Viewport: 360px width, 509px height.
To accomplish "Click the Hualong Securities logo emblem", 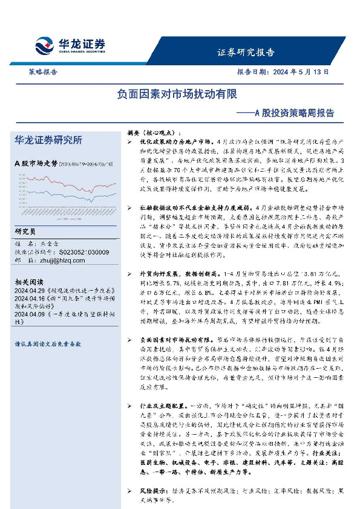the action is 45,45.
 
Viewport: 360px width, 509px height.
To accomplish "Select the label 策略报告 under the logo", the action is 43,71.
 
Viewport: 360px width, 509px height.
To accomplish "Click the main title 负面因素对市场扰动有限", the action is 177,95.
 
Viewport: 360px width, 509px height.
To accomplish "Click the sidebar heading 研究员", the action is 25,231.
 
